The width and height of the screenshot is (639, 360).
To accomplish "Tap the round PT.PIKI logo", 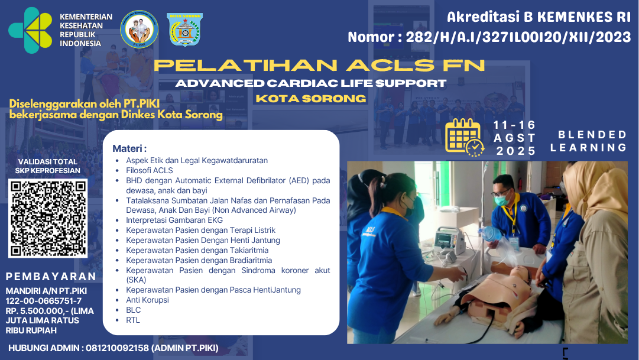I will click(x=139, y=29).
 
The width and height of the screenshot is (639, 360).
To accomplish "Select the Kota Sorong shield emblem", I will click(x=184, y=30).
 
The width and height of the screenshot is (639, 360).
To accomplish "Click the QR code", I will click(x=48, y=218).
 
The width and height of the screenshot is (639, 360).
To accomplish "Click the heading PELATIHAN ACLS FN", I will click(x=319, y=65).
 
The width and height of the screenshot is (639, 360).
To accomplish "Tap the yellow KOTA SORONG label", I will click(x=311, y=98).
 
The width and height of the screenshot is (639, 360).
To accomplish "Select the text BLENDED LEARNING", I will click(x=588, y=141).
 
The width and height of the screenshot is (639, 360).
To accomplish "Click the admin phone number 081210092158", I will click(x=116, y=348).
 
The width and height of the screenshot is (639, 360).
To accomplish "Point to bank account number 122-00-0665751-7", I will click(x=44, y=301).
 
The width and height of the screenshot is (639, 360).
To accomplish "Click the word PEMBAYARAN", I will click(x=51, y=277).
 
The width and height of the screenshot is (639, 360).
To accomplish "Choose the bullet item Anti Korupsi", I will click(x=147, y=300).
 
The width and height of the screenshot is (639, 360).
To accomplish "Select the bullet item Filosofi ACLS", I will click(x=150, y=170).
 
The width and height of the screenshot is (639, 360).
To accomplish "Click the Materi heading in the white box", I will click(x=129, y=148).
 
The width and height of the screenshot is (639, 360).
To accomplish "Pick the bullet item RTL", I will click(x=133, y=320).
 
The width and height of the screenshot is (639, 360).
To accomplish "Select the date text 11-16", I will click(x=514, y=125).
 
